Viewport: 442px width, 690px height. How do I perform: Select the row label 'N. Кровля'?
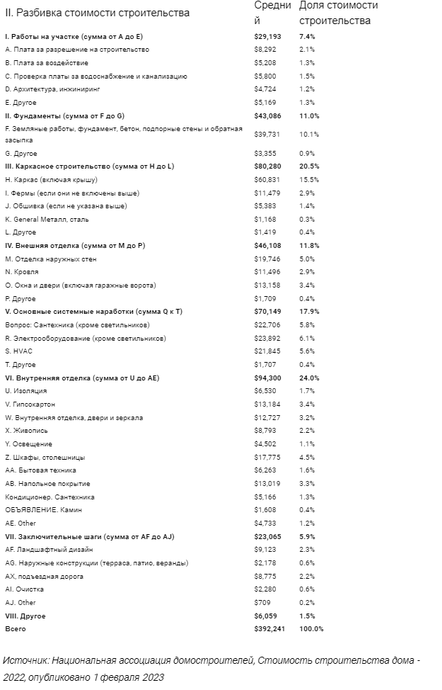[x=22, y=272]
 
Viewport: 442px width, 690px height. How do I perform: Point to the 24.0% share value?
[x=310, y=378]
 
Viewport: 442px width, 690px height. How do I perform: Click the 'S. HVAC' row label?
[x=18, y=351]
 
